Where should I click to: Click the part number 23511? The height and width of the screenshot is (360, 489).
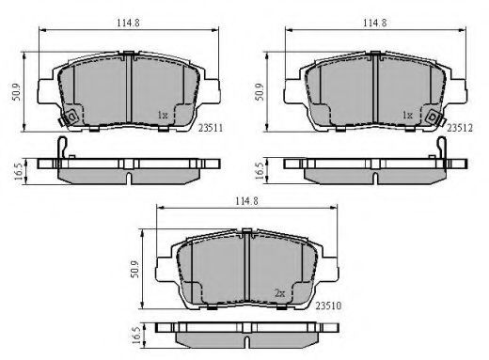click(x=211, y=128)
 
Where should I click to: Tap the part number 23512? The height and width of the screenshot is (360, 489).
click(x=460, y=128)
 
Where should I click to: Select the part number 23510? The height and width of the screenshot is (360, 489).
click(x=328, y=305)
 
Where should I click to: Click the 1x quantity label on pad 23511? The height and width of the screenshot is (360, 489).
click(x=163, y=116)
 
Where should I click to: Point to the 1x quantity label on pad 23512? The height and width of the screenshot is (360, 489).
click(x=407, y=116)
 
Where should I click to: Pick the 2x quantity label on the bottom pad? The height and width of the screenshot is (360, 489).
click(x=280, y=293)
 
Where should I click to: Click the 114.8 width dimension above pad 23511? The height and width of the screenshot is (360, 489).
click(x=128, y=23)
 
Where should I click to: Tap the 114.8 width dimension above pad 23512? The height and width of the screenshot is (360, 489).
click(x=375, y=23)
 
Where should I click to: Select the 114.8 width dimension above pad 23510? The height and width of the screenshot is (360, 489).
click(x=247, y=201)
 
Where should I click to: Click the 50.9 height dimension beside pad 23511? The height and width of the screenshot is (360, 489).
click(x=16, y=92)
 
